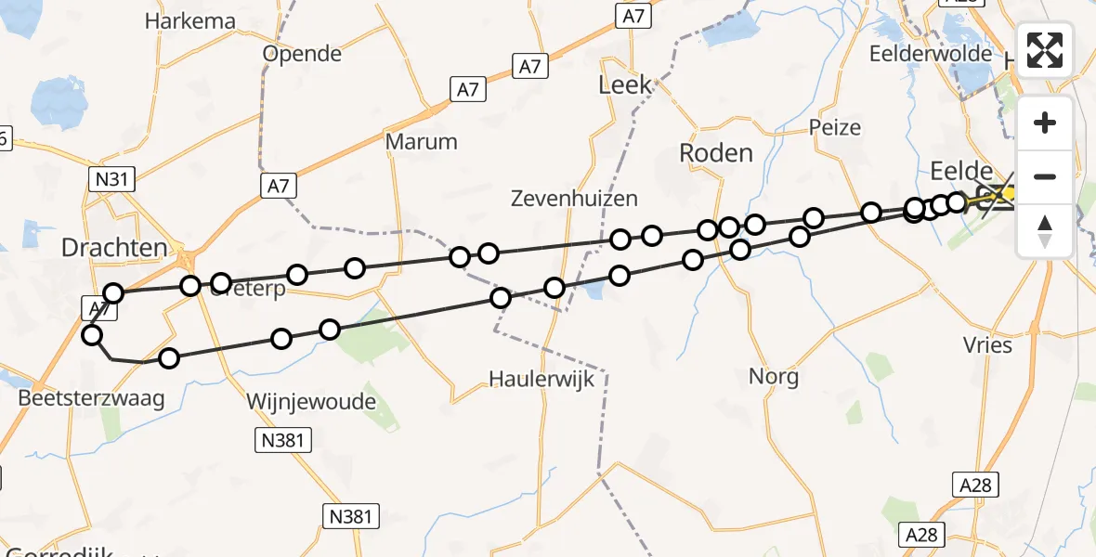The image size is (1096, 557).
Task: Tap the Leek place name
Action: (625, 86)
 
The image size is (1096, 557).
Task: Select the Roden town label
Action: (716, 153)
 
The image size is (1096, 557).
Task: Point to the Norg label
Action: (774, 377)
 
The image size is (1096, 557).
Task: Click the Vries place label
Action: (988, 345)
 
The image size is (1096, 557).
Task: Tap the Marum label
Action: (422, 142)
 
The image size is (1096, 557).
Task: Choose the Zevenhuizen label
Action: (575, 198)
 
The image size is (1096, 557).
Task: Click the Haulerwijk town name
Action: (542, 378)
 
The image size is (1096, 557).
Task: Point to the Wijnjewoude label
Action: (311, 402)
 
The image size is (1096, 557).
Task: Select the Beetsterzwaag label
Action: (91, 399)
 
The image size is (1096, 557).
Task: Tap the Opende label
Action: (302, 54)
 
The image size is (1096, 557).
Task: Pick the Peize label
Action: (835, 127)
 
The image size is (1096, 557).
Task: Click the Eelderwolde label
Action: (931, 54)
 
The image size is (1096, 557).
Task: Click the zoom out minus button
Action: (1045, 176)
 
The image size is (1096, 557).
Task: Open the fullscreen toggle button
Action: (1045, 50)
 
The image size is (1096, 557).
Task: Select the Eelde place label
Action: (961, 170)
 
